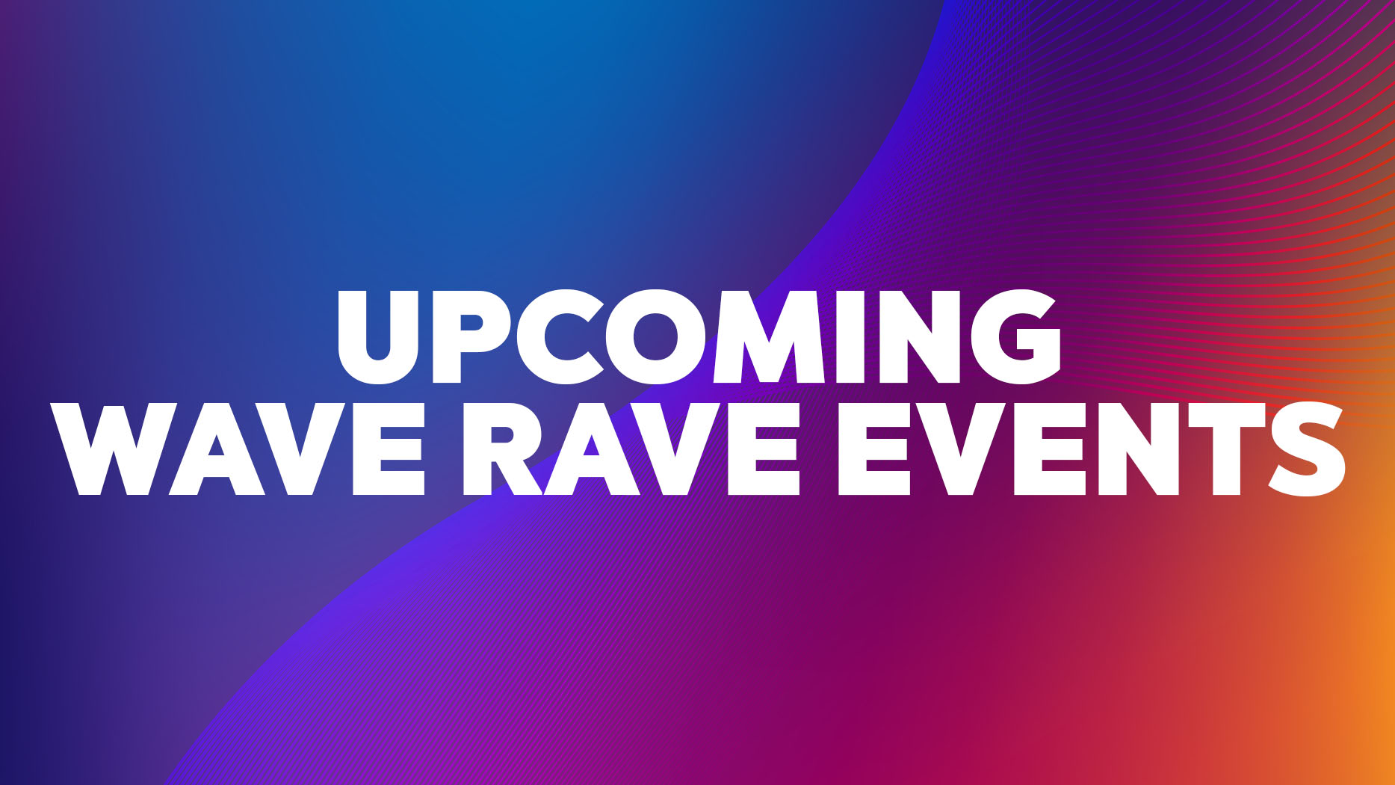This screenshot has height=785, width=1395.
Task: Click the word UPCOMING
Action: [x=699, y=337]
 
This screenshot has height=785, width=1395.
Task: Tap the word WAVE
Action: [x=238, y=449]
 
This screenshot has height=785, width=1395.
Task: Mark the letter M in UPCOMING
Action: [x=770, y=338]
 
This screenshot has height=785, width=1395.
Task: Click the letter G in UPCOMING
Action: [x=1013, y=337]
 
